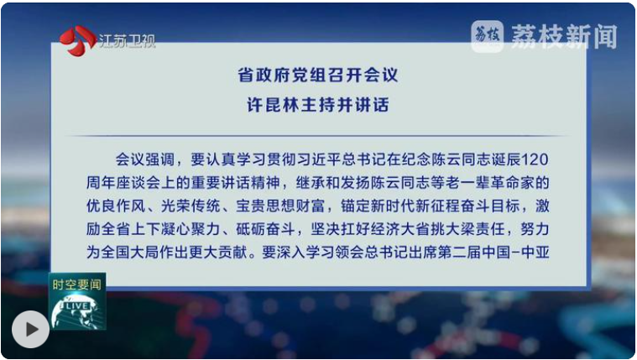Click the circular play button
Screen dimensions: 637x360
30,329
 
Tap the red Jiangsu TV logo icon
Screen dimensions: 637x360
77,40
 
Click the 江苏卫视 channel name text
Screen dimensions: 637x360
128,41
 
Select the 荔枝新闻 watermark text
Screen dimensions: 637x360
564,37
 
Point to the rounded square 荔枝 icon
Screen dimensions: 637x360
488,37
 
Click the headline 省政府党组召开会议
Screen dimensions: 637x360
318,76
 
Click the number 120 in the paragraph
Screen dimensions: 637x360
535,159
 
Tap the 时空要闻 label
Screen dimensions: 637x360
76,284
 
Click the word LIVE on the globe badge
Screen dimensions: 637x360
76,306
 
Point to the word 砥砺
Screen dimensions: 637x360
251,230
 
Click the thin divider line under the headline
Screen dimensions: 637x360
318,135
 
